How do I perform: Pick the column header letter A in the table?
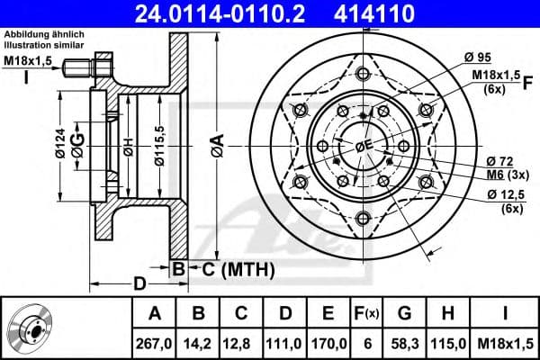154,313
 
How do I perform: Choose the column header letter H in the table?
447,313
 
